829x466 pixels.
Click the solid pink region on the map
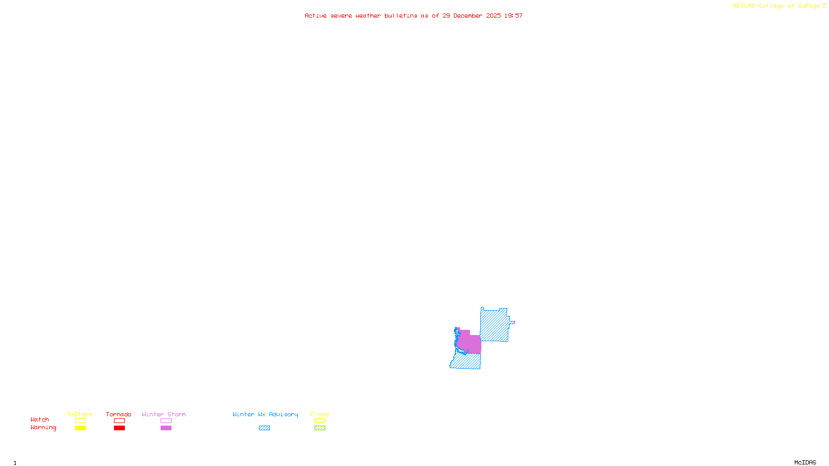click(469, 343)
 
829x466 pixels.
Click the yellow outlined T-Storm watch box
click(80, 421)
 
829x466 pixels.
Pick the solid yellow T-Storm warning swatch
click(80, 428)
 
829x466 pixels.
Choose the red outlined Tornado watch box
click(119, 421)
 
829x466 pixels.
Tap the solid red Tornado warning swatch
click(119, 428)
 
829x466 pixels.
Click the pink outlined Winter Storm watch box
click(166, 421)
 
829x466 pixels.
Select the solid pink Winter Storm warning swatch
click(166, 428)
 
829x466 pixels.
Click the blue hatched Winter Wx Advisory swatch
click(264, 428)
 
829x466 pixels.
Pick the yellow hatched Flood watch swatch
click(320, 421)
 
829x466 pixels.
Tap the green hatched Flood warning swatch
click(320, 428)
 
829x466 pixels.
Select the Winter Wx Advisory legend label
click(265, 414)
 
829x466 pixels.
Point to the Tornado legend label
click(119, 414)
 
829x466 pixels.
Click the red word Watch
click(40, 420)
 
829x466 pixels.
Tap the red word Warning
click(43, 428)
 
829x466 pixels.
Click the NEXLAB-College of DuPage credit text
click(777, 6)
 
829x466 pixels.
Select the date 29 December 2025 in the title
click(471, 16)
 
